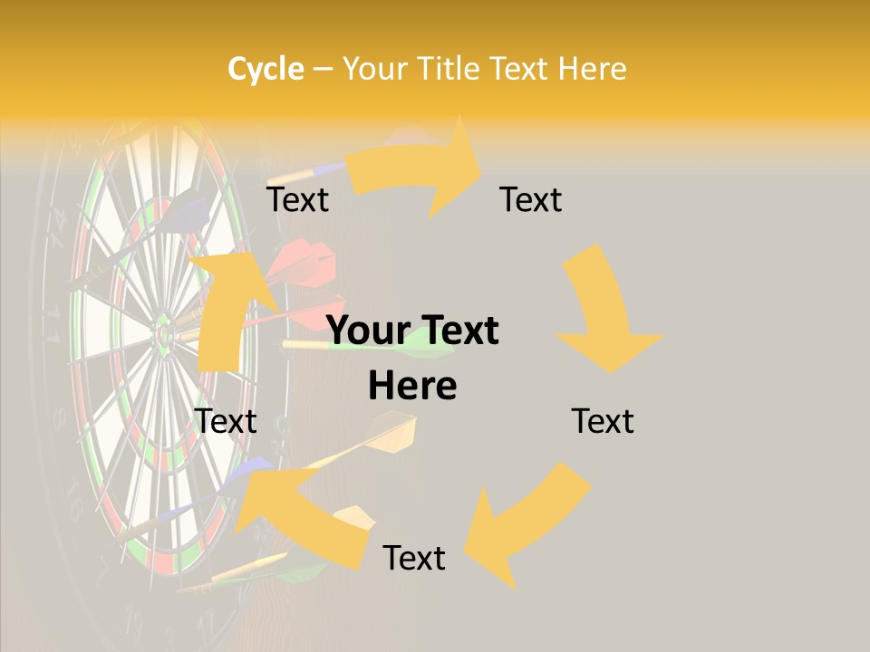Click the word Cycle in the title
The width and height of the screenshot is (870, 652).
point(266,69)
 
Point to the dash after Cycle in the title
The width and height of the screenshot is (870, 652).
point(323,69)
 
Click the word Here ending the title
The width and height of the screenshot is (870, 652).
point(594,69)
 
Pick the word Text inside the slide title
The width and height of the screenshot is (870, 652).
point(521,69)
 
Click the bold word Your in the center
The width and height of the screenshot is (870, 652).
point(370,331)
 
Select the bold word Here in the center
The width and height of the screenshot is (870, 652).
point(412,387)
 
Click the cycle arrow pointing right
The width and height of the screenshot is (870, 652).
point(417,172)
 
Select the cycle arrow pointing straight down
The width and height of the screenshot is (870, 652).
point(603,312)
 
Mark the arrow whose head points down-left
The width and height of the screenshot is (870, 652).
point(521,516)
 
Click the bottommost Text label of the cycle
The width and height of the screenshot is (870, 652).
point(414,558)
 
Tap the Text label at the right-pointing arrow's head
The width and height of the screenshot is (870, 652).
point(531,199)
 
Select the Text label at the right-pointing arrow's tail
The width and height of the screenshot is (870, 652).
point(297,199)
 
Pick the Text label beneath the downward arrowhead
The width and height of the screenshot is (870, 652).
point(603,421)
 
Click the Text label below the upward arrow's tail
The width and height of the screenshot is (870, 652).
point(227,421)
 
